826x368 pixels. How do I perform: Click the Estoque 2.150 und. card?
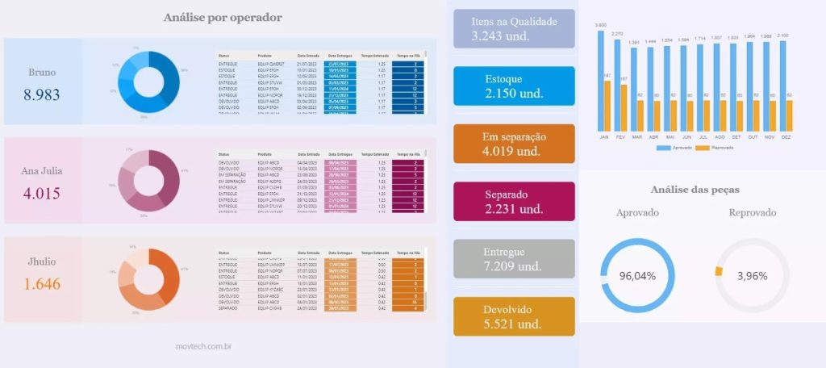[x=514, y=86]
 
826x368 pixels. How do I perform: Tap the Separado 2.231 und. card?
[x=514, y=202]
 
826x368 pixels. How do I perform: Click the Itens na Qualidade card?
[x=514, y=29]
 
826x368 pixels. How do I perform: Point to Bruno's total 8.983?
[x=42, y=94]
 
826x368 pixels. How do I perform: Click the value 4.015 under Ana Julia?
[x=42, y=194]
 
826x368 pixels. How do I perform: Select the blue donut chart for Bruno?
[x=148, y=80]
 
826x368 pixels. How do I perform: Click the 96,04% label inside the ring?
[x=636, y=276]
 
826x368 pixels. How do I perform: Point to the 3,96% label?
[x=752, y=276]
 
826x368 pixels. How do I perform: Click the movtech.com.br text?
[x=204, y=346]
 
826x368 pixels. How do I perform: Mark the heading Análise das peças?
[x=695, y=190]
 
